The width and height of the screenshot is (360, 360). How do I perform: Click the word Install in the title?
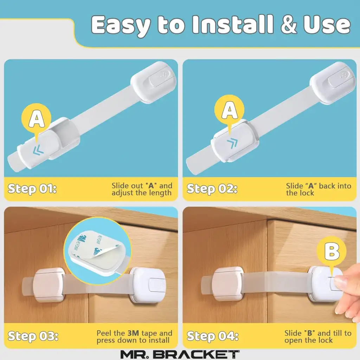tap(233, 24)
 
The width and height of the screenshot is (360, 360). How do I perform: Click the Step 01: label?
tap(32, 189)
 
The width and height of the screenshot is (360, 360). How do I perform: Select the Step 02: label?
tap(212, 189)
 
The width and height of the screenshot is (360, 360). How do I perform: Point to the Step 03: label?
tap(33, 336)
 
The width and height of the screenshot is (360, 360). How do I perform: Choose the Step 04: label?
tap(213, 336)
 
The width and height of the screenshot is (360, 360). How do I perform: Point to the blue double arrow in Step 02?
tap(232, 143)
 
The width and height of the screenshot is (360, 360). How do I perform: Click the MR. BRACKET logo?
tap(180, 354)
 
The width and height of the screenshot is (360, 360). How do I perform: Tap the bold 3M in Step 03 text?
tap(133, 333)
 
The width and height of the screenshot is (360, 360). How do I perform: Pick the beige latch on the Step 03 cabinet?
tap(48, 285)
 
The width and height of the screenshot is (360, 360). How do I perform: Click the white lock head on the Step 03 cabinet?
tap(147, 285)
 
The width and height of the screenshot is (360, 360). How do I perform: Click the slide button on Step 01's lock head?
tap(160, 78)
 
